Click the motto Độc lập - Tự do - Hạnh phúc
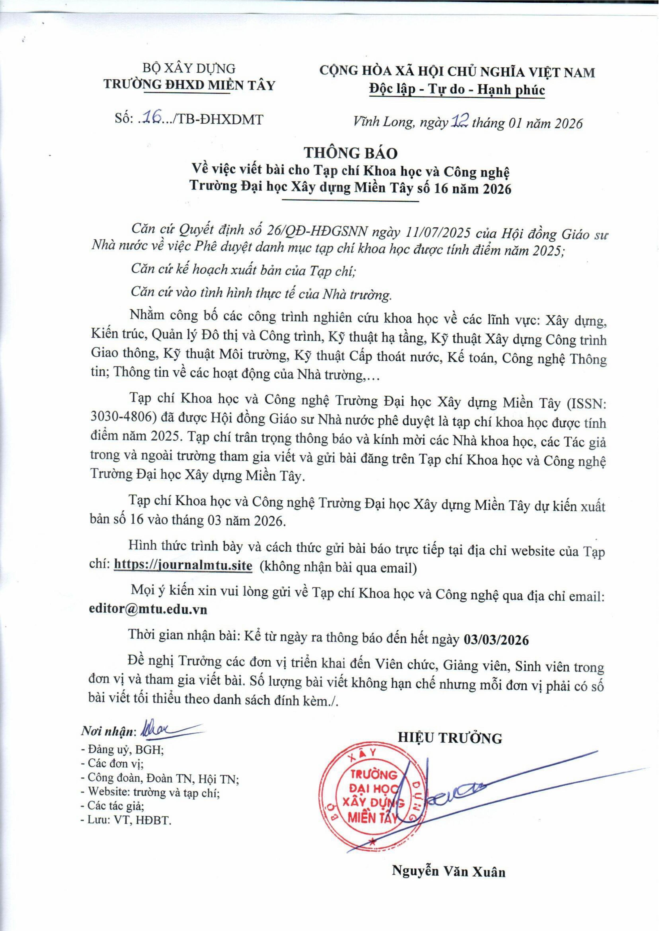(457, 89)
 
